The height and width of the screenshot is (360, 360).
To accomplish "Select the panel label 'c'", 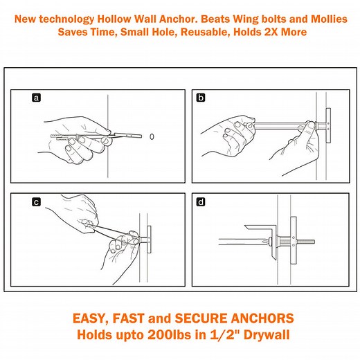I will [36, 203].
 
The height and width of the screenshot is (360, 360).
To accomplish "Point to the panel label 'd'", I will [201, 203].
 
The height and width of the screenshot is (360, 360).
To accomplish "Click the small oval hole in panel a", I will [152, 136].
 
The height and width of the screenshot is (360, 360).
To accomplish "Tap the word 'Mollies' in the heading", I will [325, 19].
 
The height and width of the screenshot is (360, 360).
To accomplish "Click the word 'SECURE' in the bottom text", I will [196, 319].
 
